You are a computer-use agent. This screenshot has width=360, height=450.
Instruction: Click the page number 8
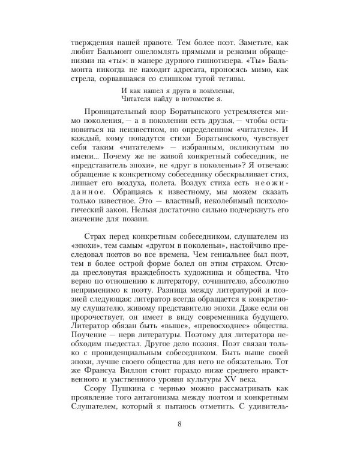click(180, 426)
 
